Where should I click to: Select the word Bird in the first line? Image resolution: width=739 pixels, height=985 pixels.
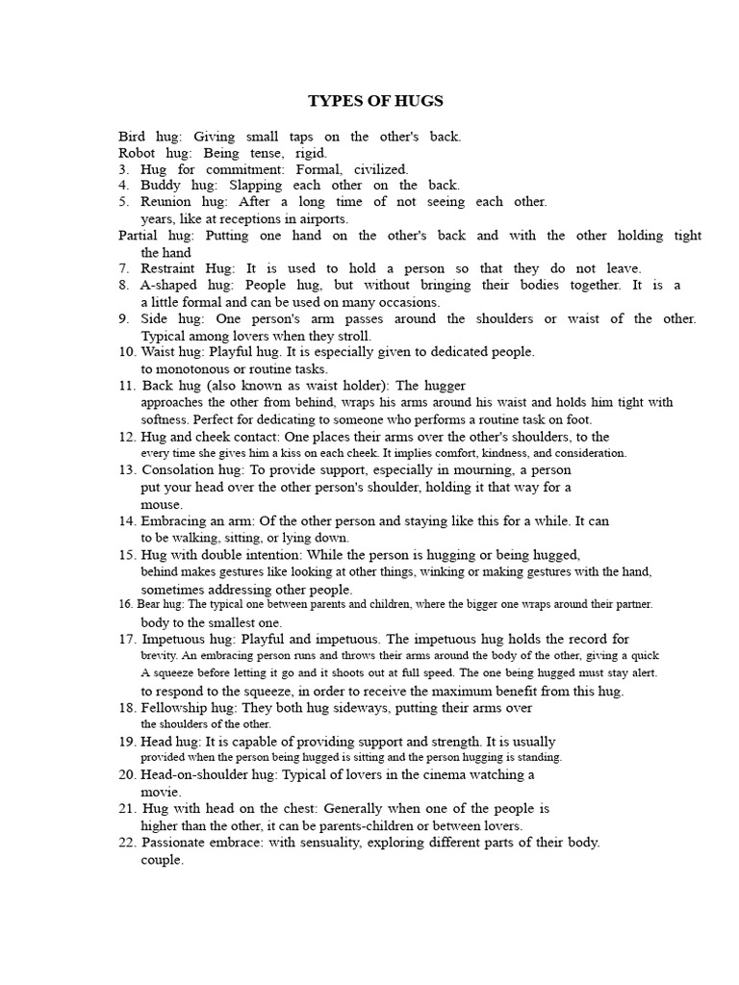coord(131,137)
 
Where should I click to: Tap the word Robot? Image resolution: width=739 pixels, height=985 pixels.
coord(137,153)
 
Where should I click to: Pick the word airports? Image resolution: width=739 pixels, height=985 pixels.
coord(318,218)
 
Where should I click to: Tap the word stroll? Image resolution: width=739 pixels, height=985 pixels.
coord(352,336)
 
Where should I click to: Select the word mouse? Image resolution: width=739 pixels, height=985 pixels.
coord(162,504)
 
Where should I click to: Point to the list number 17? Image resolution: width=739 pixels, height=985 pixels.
coord(127,639)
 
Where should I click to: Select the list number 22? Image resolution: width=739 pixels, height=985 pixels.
coord(127,843)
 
